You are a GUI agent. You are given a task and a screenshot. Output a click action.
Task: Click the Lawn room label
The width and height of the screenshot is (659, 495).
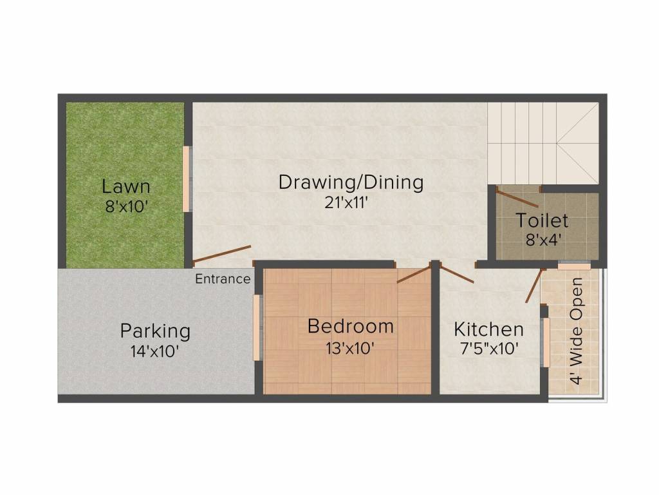(x=126, y=187)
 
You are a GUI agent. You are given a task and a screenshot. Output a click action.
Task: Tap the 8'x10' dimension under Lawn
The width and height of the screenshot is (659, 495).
(x=126, y=207)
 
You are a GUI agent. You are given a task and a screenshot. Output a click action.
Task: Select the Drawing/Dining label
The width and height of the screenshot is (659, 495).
(x=351, y=182)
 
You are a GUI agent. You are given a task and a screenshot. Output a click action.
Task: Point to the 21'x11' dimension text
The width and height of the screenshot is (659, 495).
(x=351, y=202)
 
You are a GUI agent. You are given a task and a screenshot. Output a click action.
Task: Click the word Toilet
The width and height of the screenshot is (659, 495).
(x=542, y=220)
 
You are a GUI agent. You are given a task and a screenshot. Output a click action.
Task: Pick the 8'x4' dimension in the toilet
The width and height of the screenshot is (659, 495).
(x=542, y=240)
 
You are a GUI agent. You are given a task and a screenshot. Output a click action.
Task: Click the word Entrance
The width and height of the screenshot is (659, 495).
(x=223, y=279)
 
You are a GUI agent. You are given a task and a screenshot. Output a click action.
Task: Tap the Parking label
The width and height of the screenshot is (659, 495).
(x=155, y=331)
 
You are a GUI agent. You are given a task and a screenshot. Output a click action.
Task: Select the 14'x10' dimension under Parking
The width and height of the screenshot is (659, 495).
(x=155, y=351)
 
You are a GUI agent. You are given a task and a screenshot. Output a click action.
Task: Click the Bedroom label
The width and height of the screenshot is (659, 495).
(x=350, y=326)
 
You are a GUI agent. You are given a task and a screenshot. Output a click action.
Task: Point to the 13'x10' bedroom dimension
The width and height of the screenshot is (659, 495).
(x=350, y=347)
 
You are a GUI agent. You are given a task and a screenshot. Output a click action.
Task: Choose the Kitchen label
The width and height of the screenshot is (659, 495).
(x=488, y=329)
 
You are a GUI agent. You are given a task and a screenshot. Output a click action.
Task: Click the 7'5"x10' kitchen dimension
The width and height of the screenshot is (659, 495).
(x=488, y=349)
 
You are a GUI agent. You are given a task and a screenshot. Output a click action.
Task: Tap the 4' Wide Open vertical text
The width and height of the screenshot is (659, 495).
(x=576, y=331)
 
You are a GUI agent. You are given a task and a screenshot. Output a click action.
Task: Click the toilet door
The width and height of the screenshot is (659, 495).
(x=517, y=198)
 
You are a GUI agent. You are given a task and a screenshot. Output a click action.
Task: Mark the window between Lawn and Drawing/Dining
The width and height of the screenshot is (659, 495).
(x=186, y=179)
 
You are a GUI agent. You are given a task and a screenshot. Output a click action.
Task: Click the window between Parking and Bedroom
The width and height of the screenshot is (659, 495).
(x=257, y=327)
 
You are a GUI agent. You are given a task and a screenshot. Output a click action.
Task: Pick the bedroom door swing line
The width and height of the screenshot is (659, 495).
(x=413, y=274)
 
